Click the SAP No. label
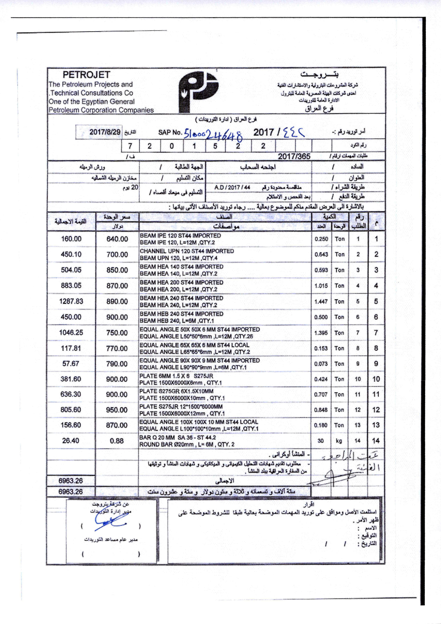[x=170, y=133]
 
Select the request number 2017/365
[x=294, y=156]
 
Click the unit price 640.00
[x=117, y=239]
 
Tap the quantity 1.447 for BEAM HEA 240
[x=321, y=301]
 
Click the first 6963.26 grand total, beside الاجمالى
[x=71, y=481]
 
